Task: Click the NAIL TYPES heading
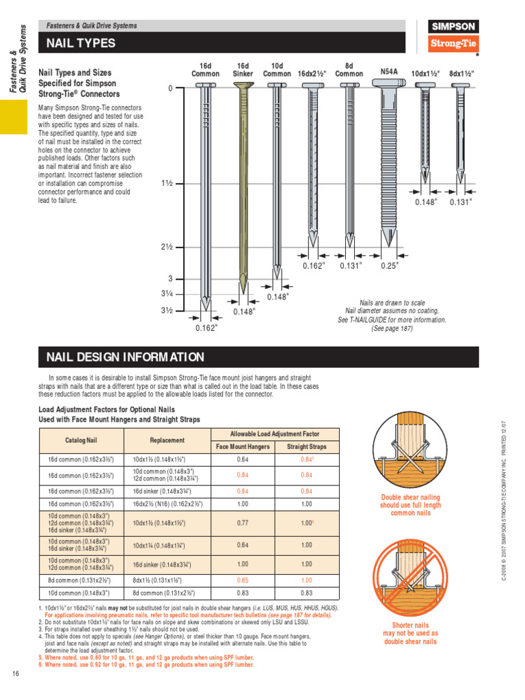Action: click(x=81, y=44)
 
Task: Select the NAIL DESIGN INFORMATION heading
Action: click(x=125, y=357)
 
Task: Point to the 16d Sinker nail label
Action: click(x=243, y=70)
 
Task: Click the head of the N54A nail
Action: click(x=388, y=83)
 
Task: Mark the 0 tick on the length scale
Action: click(x=171, y=89)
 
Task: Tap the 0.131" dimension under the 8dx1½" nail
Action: click(x=461, y=202)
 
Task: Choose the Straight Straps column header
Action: click(x=306, y=447)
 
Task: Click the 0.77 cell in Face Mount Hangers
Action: click(x=242, y=523)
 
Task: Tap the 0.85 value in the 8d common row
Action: click(x=242, y=580)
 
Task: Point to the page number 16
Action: click(x=15, y=674)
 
